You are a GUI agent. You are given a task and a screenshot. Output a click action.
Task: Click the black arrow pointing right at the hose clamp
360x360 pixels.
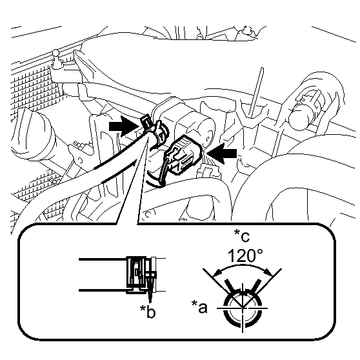123,126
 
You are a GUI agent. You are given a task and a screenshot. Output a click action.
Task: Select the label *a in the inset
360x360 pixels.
199,307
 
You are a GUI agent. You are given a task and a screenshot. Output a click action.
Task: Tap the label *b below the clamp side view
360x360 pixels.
148,312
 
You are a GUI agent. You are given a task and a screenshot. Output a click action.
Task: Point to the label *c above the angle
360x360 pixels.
242,235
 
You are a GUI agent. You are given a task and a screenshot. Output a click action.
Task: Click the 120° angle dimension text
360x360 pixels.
245,255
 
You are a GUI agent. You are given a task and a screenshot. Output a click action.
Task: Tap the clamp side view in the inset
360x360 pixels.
142,275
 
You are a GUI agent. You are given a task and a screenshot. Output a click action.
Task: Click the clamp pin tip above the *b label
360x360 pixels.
150,302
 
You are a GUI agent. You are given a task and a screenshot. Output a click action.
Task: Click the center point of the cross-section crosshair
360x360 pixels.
243,308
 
